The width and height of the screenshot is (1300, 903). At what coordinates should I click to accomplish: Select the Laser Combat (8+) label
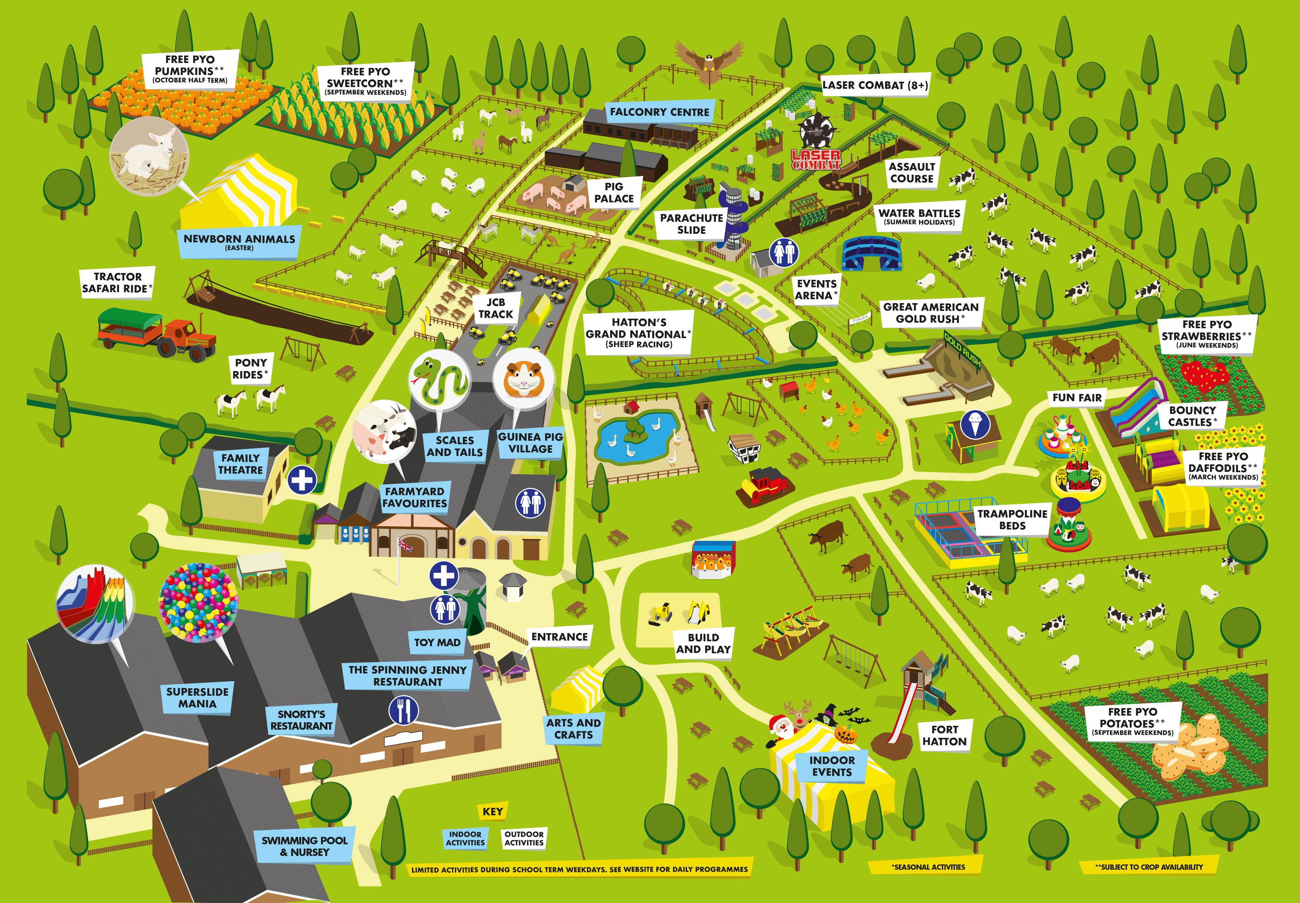[x=875, y=86]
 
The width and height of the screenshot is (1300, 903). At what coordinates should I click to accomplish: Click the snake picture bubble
[x=439, y=378]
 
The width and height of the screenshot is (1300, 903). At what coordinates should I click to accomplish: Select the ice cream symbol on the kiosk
[x=975, y=425]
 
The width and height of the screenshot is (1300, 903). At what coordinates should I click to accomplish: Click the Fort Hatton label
[x=944, y=736]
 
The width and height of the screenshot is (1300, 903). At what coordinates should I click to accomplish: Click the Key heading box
[x=492, y=811]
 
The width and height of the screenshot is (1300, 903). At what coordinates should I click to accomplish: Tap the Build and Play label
[x=703, y=643]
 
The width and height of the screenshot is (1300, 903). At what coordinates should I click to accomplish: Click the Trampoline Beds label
[x=1012, y=519]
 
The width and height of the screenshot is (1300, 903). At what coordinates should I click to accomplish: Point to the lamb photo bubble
[x=149, y=157]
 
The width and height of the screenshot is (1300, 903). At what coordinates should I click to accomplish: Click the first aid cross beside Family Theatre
[x=302, y=480]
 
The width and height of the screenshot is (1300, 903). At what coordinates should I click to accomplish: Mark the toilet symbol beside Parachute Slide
[x=784, y=252]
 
